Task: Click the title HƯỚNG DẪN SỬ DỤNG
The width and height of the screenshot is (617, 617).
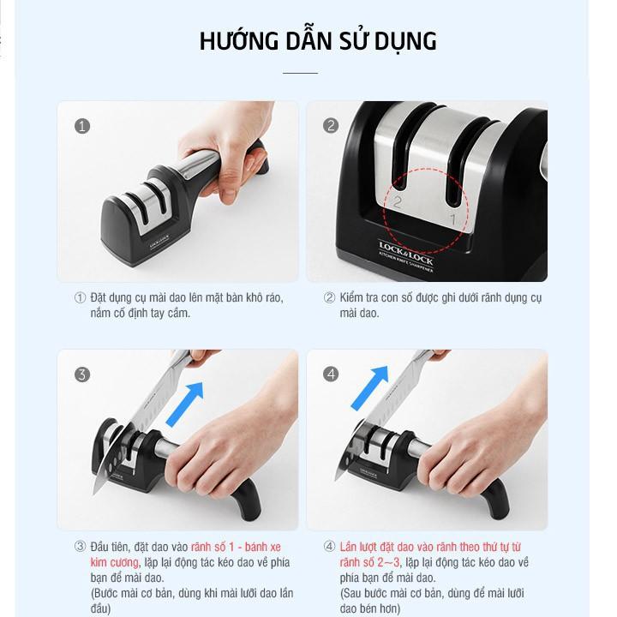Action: click(318, 41)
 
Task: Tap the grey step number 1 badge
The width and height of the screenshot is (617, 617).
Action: click(82, 126)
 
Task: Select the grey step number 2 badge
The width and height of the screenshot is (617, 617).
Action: click(331, 126)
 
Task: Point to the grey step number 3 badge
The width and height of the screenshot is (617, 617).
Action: click(82, 374)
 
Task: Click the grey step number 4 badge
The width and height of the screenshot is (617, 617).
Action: click(331, 374)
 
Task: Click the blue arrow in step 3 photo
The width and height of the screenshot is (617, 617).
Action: click(185, 403)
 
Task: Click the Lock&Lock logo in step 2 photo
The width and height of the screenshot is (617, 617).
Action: click(406, 249)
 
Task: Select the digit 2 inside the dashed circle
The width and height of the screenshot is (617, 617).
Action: click(398, 202)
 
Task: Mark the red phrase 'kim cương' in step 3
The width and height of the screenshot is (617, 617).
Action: click(111, 563)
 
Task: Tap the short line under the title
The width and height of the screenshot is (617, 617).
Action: click(300, 74)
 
